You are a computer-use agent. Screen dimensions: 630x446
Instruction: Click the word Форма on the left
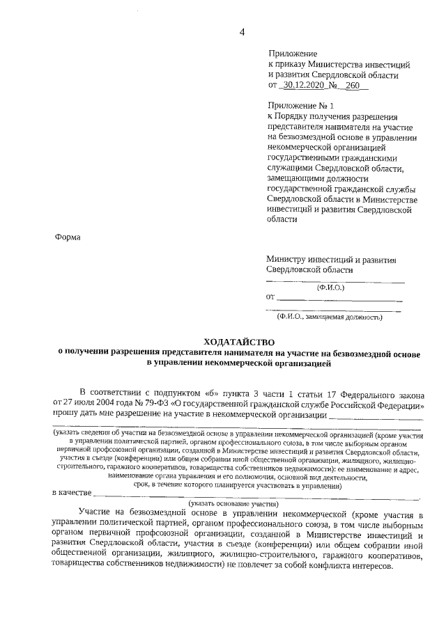pyautogui.click(x=68, y=237)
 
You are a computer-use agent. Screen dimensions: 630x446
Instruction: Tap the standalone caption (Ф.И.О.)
pyautogui.click(x=330, y=287)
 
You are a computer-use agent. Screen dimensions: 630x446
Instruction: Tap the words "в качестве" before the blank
pyautogui.click(x=72, y=494)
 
